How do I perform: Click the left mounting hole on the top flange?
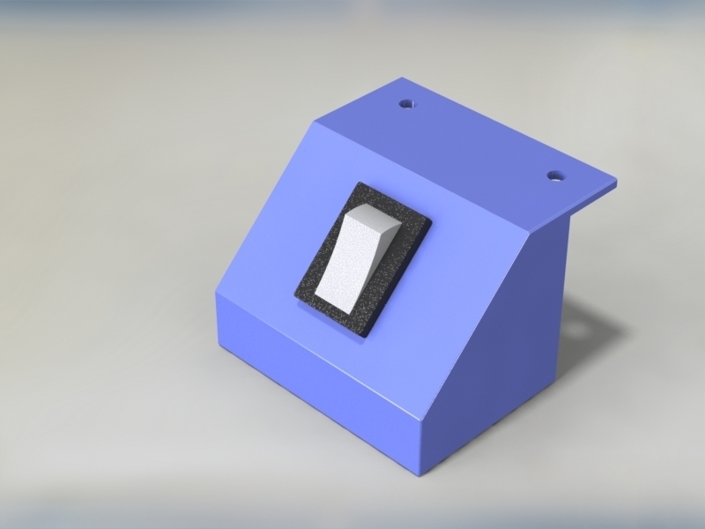(406, 104)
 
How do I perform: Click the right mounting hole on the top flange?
(554, 175)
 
